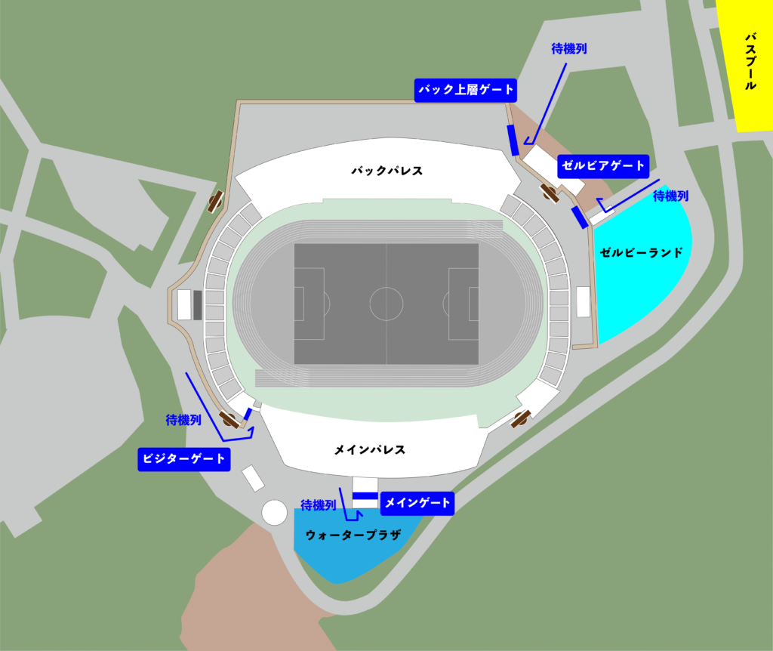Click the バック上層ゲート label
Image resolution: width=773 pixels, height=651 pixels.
tap(466, 90)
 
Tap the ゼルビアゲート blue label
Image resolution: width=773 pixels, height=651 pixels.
tap(602, 166)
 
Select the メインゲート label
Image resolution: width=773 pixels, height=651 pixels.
tap(417, 503)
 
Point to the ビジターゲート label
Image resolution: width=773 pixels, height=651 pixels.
tap(183, 459)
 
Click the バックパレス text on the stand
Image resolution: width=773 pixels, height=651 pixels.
tap(386, 171)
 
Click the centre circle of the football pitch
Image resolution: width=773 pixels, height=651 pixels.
tap(386, 304)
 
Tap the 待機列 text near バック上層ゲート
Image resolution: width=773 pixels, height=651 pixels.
tap(569, 48)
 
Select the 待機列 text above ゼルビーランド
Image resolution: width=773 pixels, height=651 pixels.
tap(670, 196)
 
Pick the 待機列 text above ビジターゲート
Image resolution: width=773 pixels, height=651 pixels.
tap(183, 420)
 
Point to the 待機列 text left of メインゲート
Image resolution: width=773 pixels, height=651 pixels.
tap(318, 504)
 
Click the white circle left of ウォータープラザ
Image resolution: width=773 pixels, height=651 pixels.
tap(274, 512)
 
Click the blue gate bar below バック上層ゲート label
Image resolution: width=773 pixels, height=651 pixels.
tap(513, 140)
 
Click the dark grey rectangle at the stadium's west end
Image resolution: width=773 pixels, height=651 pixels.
tap(197, 304)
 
